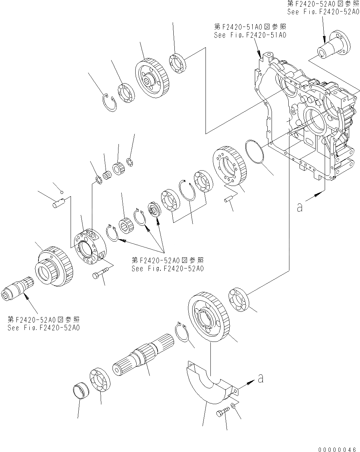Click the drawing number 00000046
[x=337, y=449]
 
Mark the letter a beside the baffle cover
[x=260, y=378]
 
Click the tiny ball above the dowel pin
[x=62, y=192]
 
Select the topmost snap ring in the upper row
[x=110, y=103]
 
